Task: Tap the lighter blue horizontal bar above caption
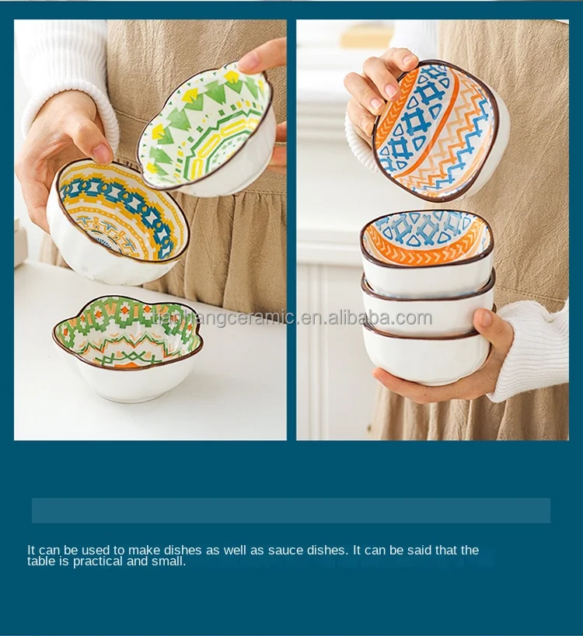291,510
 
